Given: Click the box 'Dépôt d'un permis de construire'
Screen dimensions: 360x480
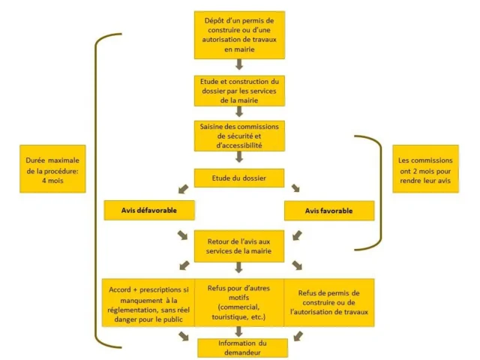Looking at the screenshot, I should (x=238, y=34).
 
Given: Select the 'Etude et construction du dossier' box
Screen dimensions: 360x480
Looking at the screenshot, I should (x=238, y=88).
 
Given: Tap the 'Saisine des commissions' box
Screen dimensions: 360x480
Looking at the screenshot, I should (x=238, y=135).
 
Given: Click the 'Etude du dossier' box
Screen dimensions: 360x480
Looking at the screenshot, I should (x=238, y=178).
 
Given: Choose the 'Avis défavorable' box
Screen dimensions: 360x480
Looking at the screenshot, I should (x=149, y=210).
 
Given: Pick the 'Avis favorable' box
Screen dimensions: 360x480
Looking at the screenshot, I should (x=329, y=211).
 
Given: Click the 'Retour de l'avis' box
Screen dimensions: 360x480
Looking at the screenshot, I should (x=238, y=244).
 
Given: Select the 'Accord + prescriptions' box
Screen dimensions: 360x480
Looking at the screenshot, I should (x=148, y=301).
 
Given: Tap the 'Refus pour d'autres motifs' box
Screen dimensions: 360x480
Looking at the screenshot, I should (x=238, y=301).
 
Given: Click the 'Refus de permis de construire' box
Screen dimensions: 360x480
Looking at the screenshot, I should (x=329, y=301).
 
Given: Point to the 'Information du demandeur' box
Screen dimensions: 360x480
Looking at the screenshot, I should (x=238, y=347).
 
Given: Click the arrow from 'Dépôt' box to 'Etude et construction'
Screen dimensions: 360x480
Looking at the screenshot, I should (x=238, y=65).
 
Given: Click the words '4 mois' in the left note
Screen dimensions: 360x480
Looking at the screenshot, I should (x=50, y=181).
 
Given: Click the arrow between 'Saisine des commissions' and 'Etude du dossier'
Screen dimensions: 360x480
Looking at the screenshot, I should (x=238, y=157).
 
